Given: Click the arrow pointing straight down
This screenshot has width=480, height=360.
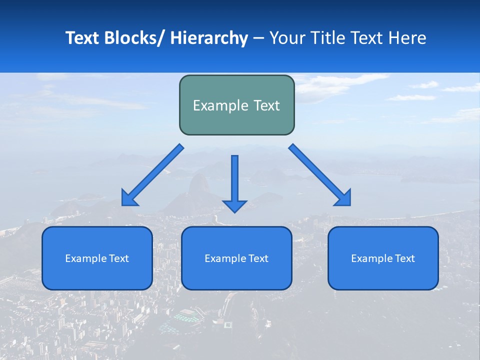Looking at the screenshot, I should click(234, 180).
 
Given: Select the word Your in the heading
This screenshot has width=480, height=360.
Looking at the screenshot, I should click(287, 38).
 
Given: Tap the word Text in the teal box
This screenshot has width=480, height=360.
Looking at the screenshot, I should click(266, 105).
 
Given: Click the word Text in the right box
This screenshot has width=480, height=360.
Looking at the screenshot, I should click(404, 258).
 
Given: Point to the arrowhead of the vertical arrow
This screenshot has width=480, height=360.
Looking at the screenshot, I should click(234, 205).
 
